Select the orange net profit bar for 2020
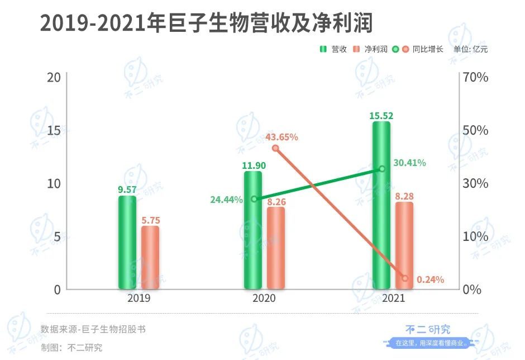click(275, 248)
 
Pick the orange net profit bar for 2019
click(150, 257)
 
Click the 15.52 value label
click(381, 116)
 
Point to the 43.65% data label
click(281, 137)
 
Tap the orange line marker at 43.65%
click(275, 148)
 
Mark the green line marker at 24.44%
click(254, 199)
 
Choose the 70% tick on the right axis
click(476, 77)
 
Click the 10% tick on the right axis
click(476, 236)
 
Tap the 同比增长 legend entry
click(421, 49)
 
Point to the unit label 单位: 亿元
click(470, 49)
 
